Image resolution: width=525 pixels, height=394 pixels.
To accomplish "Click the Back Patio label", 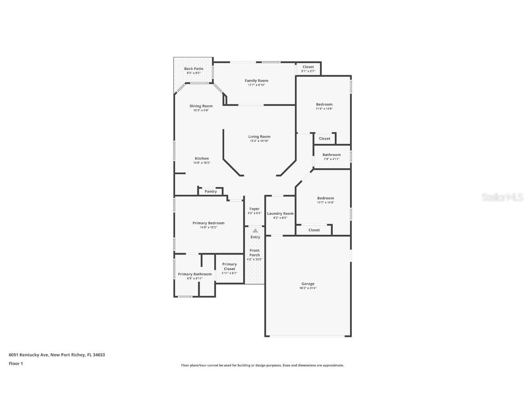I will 194,69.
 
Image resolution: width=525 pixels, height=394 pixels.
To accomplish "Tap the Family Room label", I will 257,81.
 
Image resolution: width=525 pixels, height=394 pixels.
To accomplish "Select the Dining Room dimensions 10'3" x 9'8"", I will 201,110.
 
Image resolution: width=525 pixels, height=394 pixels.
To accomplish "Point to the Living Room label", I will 259,136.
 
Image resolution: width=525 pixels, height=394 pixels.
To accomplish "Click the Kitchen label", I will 202,159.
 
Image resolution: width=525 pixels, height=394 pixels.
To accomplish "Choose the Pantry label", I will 211,192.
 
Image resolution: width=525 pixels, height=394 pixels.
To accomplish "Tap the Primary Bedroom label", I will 208,223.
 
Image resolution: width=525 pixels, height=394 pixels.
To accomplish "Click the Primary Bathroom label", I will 195,274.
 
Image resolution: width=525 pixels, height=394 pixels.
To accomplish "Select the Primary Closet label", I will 229,266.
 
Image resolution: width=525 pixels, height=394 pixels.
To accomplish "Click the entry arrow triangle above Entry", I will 255,231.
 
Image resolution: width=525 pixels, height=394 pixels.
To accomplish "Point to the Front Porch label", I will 254,253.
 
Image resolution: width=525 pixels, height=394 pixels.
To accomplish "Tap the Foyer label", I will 254,209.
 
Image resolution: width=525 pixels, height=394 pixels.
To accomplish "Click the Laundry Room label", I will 280,213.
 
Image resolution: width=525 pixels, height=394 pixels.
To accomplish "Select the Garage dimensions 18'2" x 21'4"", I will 308,288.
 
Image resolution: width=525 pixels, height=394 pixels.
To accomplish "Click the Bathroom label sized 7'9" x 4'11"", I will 332,155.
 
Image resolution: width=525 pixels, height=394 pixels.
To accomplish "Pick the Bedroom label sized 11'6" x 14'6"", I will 324,104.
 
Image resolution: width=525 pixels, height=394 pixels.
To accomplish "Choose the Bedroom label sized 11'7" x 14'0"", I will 325,198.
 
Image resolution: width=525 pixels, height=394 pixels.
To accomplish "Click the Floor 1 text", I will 15,363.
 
